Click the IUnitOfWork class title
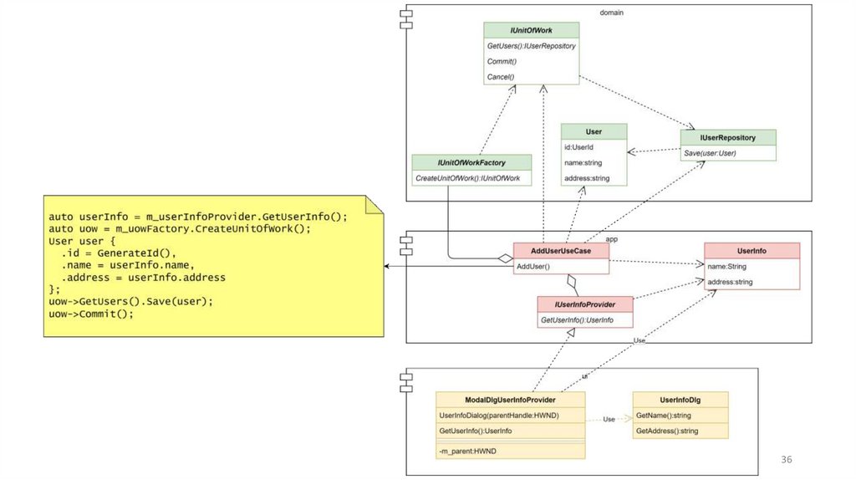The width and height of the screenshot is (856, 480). tap(531, 29)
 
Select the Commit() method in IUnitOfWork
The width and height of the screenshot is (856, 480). tap(502, 61)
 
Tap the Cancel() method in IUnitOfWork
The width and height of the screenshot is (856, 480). tap(501, 77)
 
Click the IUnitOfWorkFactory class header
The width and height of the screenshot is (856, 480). tap(472, 162)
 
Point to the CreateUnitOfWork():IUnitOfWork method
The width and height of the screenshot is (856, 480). tap(468, 178)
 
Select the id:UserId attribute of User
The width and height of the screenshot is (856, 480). tap(578, 147)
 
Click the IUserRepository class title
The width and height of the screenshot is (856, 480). tap(728, 137)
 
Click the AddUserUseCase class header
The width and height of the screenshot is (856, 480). tap(560, 251)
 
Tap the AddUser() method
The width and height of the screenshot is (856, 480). tap(533, 266)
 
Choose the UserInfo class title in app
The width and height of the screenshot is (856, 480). tap(752, 251)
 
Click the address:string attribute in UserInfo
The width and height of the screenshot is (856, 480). tap(730, 282)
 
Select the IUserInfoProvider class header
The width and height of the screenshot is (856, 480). tap(584, 305)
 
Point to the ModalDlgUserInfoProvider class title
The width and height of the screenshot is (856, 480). tap(510, 400)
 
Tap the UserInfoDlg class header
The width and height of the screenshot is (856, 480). tap(680, 400)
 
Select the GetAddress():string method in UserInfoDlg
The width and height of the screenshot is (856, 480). tap(666, 431)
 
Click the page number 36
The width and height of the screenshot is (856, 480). tap(786, 459)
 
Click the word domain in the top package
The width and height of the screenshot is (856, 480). tap(613, 13)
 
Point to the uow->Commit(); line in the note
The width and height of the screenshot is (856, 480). tap(91, 314)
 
